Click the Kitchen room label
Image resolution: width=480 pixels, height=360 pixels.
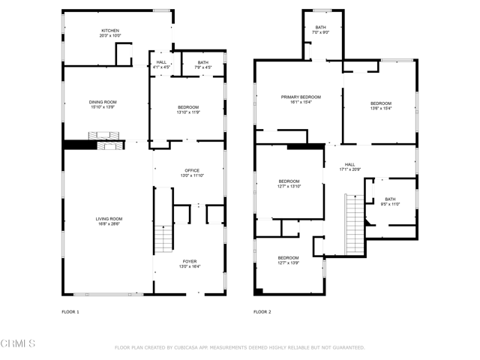tap(109, 33)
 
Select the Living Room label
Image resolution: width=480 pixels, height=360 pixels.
tap(108, 221)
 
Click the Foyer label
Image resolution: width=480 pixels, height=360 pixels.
tap(188, 264)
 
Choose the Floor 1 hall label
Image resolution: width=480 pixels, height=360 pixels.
tap(161, 64)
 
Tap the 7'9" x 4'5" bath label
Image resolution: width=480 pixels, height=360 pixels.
tap(203, 64)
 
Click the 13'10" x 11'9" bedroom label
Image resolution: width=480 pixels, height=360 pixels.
tap(188, 110)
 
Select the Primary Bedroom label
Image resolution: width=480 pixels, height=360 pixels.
tap(301, 100)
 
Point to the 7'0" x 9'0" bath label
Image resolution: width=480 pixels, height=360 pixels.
tap(321, 29)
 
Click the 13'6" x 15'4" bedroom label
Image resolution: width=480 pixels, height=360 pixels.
tap(380, 106)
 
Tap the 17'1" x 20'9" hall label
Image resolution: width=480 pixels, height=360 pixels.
tap(349, 167)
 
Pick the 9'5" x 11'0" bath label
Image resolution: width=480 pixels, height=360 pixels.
tap(390, 202)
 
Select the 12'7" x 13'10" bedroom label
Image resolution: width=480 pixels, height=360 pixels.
tap(289, 184)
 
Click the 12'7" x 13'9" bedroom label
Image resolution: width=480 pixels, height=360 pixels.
tap(289, 260)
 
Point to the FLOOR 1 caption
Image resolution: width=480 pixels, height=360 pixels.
tap(70, 311)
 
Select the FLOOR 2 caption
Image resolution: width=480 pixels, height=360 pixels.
tap(262, 311)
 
